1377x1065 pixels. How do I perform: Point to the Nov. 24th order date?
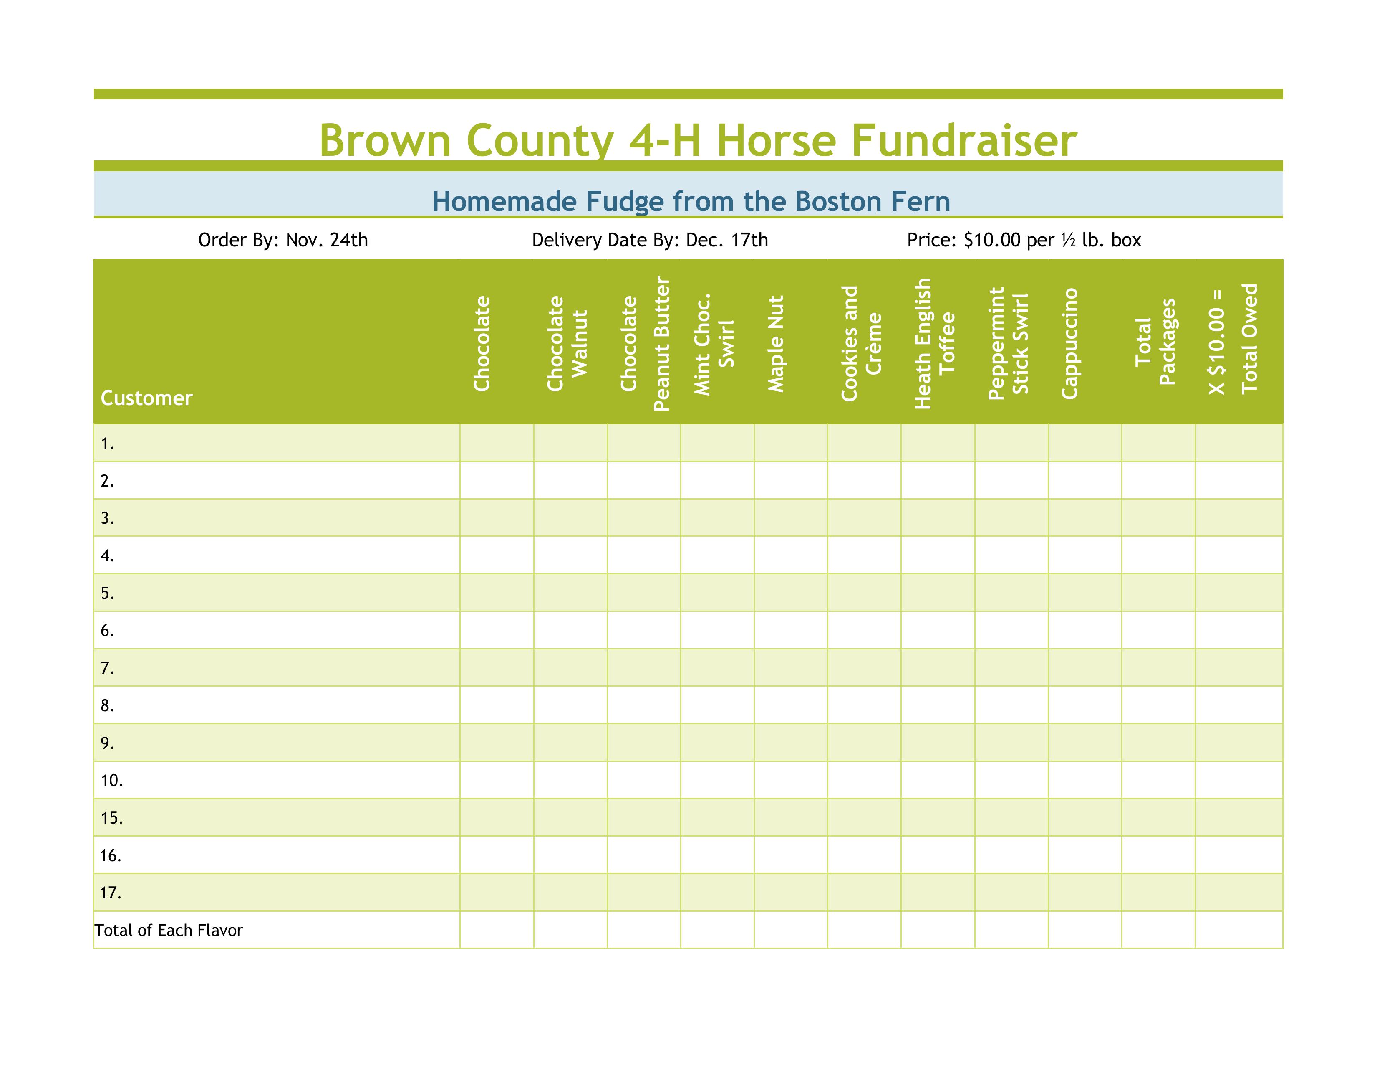(x=327, y=241)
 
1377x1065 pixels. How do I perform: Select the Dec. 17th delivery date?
(x=727, y=241)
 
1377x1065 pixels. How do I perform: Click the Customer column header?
(x=146, y=398)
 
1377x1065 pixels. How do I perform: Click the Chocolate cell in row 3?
(x=497, y=518)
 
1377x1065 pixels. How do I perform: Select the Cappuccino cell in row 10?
(x=1084, y=781)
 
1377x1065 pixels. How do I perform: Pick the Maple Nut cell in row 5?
(x=791, y=593)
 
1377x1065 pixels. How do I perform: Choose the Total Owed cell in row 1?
(x=1238, y=443)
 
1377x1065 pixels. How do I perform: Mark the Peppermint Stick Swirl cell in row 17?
(x=1011, y=893)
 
